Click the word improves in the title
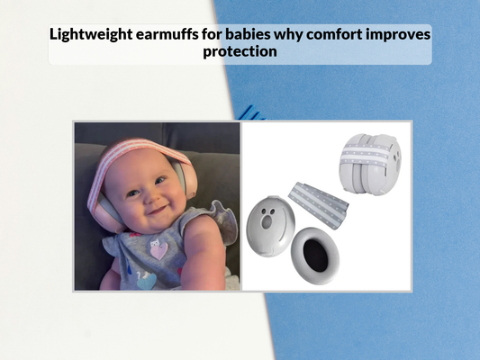tap(399, 35)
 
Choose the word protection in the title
tap(240, 52)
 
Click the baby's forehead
tap(135, 164)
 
